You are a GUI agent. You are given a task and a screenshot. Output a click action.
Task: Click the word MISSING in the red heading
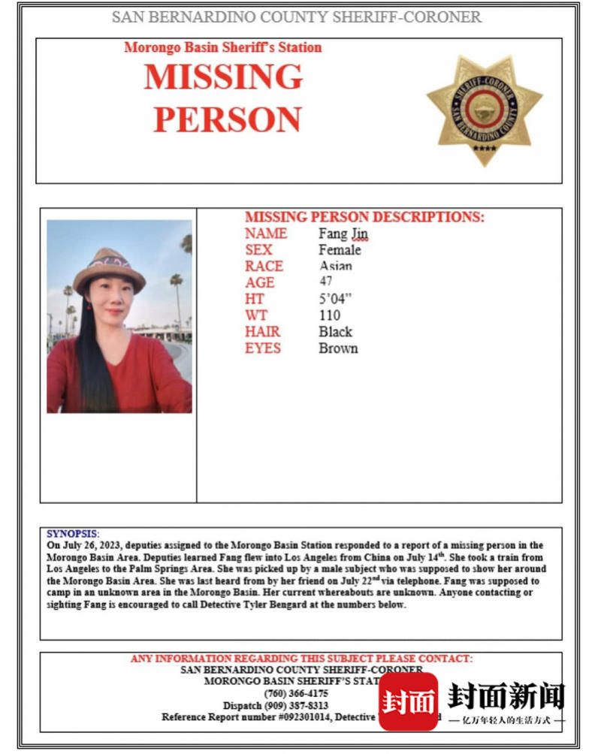[223, 77]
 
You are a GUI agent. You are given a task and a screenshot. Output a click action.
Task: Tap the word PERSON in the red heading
[227, 119]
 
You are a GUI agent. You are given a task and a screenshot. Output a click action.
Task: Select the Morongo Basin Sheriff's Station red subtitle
[222, 47]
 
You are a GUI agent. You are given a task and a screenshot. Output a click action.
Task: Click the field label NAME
[265, 234]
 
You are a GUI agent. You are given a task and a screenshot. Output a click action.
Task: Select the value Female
[340, 250]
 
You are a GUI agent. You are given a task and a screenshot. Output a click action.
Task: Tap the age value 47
[326, 282]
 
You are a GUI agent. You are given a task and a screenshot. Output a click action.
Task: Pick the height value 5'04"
[335, 299]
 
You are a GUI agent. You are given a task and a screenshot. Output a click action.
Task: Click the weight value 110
[329, 315]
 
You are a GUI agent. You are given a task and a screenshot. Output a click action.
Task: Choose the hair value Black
[335, 332]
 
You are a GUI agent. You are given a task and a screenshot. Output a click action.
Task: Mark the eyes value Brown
[338, 348]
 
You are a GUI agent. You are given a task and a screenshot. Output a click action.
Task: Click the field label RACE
[264, 267]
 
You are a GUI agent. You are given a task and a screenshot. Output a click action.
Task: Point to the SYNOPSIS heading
[73, 534]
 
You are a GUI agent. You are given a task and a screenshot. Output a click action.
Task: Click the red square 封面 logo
[408, 701]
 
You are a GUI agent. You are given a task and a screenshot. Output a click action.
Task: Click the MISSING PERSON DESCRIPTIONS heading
[364, 217]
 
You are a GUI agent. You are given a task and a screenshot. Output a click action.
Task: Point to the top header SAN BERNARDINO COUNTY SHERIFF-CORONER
[297, 17]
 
